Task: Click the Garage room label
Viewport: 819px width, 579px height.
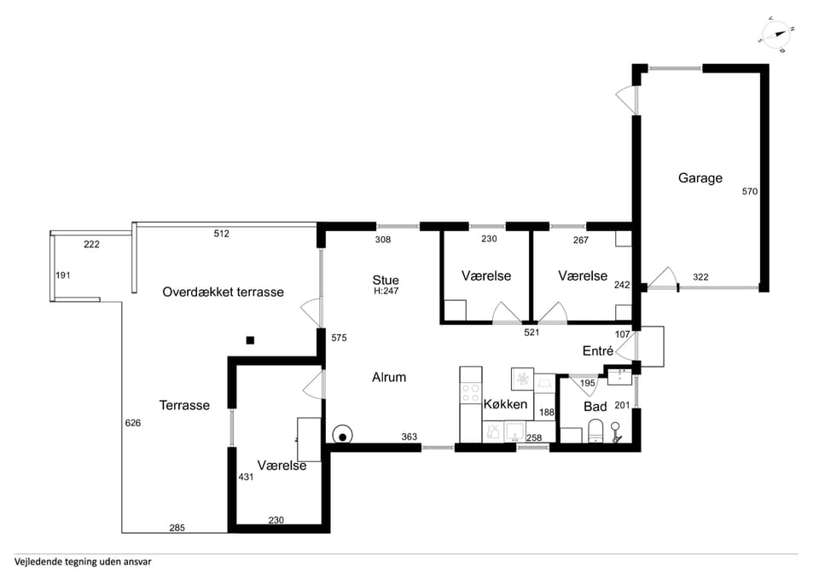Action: (700, 178)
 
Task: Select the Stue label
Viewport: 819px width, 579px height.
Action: (386, 280)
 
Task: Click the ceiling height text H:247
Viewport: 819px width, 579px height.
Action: (386, 292)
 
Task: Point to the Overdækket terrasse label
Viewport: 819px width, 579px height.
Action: (223, 292)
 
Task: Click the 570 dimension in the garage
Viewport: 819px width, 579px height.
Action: (750, 192)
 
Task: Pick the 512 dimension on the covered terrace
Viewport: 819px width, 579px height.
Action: (222, 234)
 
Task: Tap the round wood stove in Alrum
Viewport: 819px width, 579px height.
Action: (343, 435)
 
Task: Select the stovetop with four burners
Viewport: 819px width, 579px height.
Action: (471, 393)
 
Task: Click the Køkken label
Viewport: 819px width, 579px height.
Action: (505, 404)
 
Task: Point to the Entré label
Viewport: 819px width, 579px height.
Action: (597, 351)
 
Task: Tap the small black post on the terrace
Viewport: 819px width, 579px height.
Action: (250, 340)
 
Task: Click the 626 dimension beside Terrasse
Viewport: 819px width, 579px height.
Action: (133, 423)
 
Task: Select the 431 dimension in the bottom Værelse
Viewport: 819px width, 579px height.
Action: (246, 477)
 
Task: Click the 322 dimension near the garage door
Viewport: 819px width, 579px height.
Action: (700, 277)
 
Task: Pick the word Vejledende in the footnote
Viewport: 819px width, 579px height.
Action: (38, 562)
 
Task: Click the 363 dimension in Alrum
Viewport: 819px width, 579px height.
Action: (409, 437)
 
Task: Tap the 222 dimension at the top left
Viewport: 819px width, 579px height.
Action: (91, 245)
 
